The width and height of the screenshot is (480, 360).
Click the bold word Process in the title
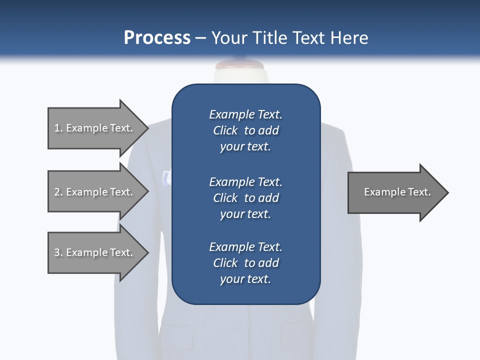[x=157, y=38]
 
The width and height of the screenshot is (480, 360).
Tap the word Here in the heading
[x=349, y=38]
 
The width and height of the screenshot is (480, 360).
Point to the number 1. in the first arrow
[x=58, y=128]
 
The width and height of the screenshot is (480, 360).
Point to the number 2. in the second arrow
[x=58, y=192]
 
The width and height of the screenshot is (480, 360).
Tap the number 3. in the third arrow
[x=58, y=252]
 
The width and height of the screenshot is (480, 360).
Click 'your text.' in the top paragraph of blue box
[x=245, y=147]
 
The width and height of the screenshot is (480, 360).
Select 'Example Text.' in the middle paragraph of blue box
[x=245, y=182]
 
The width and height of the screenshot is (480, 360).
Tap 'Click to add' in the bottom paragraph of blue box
[x=245, y=263]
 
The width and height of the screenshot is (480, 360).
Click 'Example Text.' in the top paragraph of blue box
[x=245, y=114]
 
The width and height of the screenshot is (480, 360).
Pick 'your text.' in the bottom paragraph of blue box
[x=245, y=279]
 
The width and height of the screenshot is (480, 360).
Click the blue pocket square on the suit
[x=167, y=177]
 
